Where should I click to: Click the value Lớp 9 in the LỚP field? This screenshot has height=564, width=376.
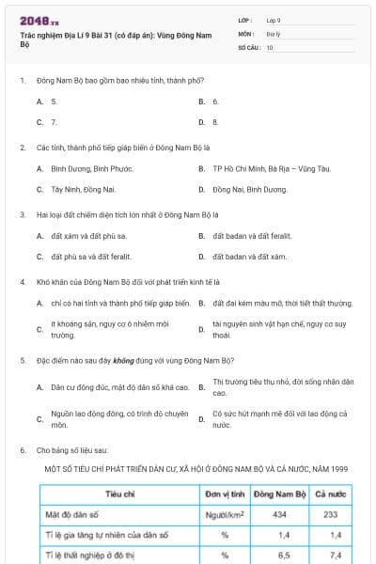[x=274, y=20]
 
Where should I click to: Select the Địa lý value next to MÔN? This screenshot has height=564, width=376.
[x=273, y=33]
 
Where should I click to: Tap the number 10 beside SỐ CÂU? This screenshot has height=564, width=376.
[x=270, y=46]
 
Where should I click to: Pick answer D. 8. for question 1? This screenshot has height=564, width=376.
[x=215, y=122]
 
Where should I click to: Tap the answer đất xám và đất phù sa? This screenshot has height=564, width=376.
[x=88, y=235]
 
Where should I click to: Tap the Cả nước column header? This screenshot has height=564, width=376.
[x=330, y=493]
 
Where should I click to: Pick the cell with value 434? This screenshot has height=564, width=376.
[x=279, y=514]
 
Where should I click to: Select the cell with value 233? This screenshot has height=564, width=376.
[x=330, y=514]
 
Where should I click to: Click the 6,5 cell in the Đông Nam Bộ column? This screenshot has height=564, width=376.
[x=279, y=556]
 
